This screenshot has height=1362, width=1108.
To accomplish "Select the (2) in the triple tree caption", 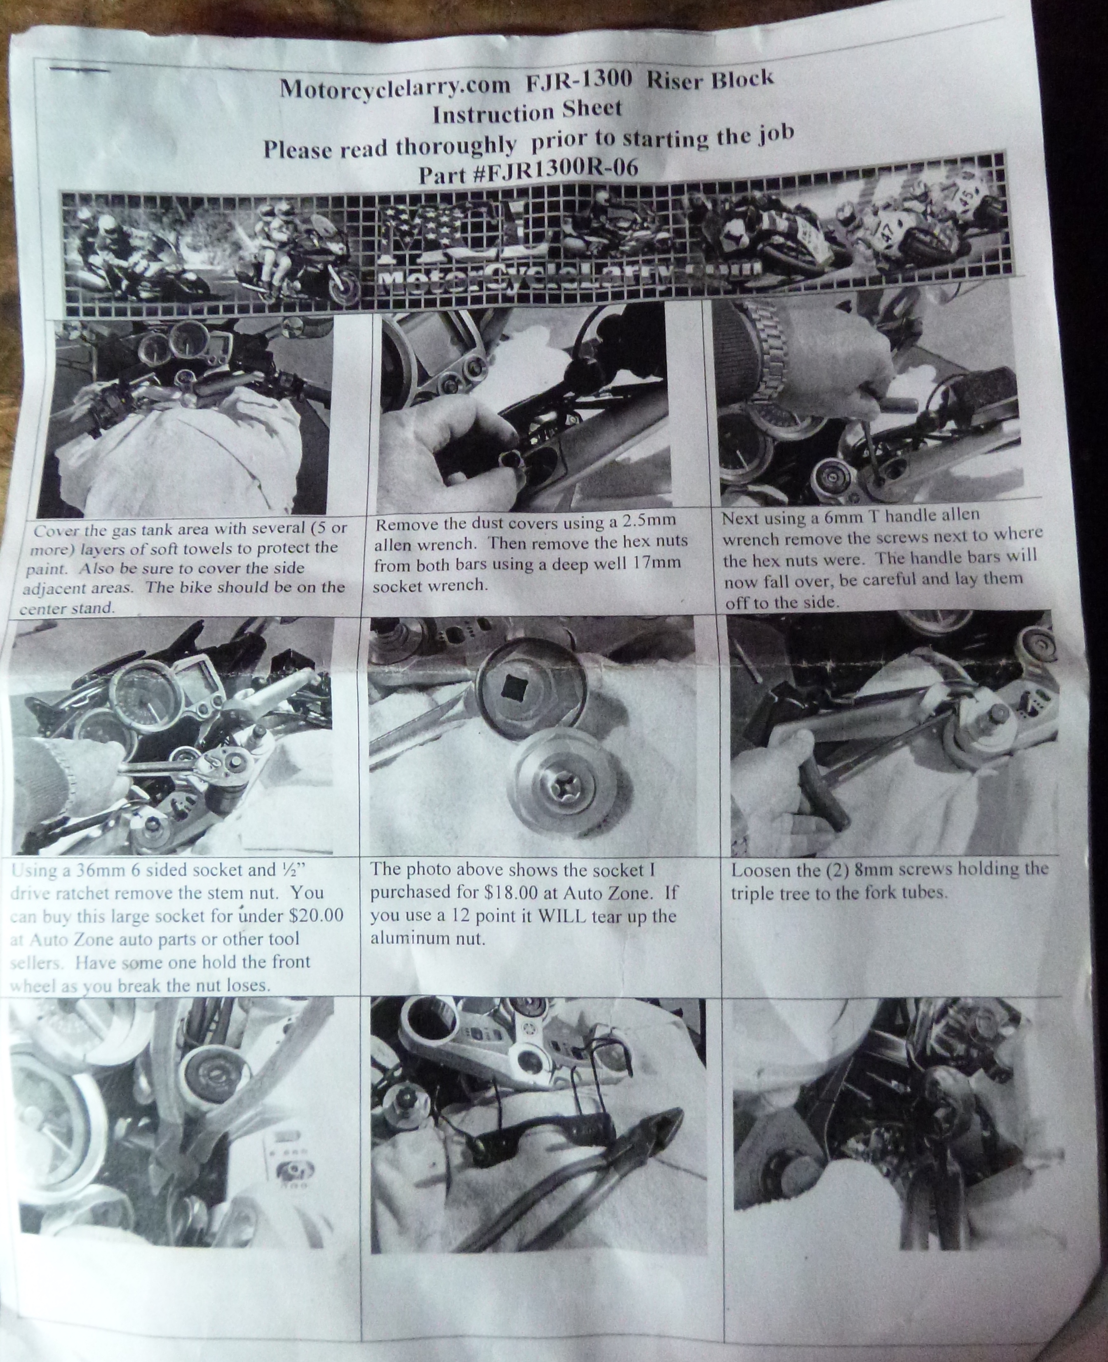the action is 832,870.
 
